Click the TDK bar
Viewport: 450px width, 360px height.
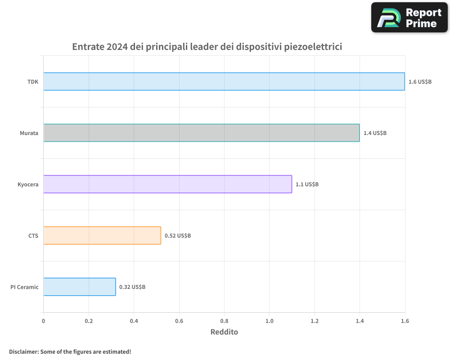(x=224, y=81)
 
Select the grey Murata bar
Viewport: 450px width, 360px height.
(x=202, y=133)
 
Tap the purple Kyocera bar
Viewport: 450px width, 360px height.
(x=168, y=184)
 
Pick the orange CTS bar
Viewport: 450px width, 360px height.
(x=102, y=235)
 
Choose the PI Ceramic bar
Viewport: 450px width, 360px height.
(x=80, y=287)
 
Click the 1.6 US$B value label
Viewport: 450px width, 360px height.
(x=420, y=82)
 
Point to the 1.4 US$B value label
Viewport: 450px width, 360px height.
(x=375, y=133)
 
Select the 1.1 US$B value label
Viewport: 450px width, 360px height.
(x=307, y=184)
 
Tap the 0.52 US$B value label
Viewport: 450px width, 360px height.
(x=177, y=236)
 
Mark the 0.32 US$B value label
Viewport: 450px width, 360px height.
(x=132, y=287)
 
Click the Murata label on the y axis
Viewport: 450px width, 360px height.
(x=29, y=133)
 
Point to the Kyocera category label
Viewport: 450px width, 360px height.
(x=28, y=184)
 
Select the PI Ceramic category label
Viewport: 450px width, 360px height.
(x=25, y=287)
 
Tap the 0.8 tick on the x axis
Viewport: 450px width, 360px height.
(x=224, y=321)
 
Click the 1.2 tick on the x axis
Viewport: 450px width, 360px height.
(x=315, y=321)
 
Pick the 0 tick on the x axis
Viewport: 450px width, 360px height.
(x=43, y=321)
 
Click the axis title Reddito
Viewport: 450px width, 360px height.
(x=224, y=332)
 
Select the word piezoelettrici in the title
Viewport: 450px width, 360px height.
(x=314, y=47)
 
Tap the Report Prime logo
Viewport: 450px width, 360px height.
(x=409, y=17)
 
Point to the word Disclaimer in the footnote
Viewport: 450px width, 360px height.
(x=23, y=351)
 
